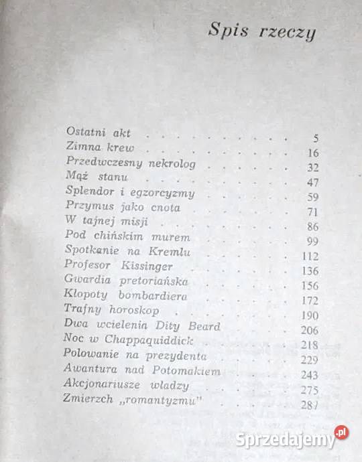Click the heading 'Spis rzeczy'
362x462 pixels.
(261, 31)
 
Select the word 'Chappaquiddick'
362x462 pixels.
(155, 340)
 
